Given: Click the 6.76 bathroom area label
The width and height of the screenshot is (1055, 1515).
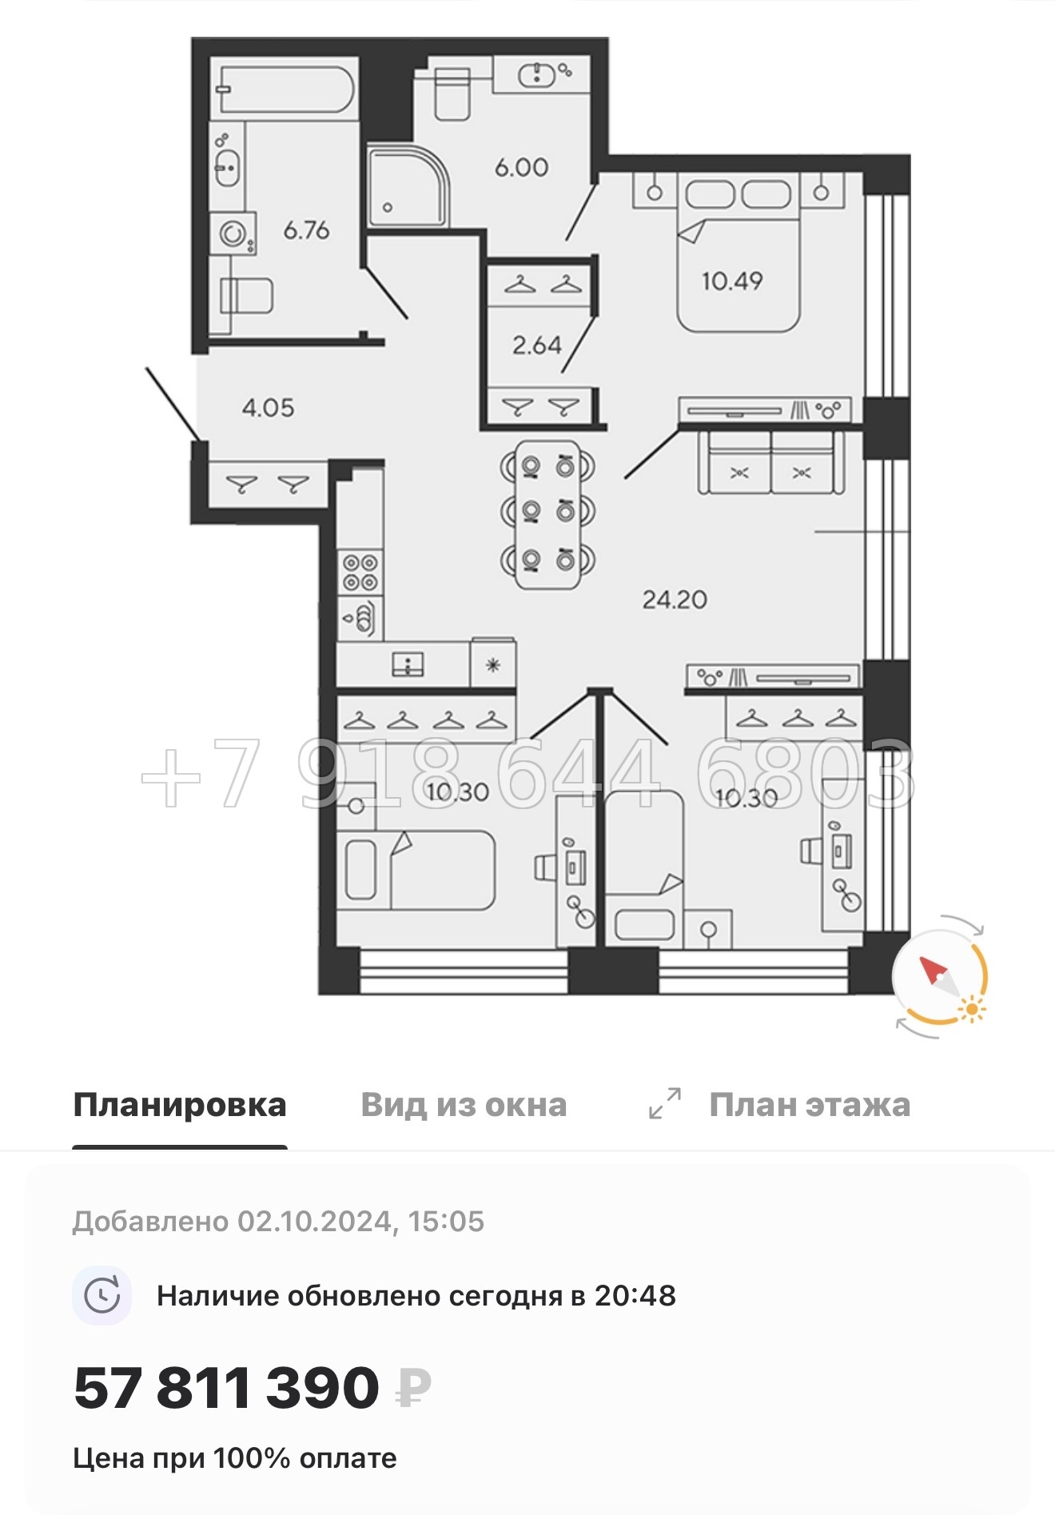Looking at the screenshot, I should click(306, 230).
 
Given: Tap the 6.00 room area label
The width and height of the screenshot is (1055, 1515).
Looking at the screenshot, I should click(521, 167).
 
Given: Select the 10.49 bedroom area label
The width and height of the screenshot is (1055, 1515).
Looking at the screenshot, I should click(732, 281).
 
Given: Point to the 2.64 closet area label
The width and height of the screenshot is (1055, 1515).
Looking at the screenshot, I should click(537, 345).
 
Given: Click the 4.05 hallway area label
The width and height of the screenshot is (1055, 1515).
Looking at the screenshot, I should click(268, 408).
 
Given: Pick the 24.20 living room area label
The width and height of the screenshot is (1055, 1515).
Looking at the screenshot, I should click(675, 600).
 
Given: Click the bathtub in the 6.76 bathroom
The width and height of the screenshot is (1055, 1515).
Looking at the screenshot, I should click(285, 89).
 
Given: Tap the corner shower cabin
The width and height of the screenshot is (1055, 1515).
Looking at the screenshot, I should click(407, 187).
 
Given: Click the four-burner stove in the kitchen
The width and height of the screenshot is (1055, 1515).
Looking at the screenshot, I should click(360, 572).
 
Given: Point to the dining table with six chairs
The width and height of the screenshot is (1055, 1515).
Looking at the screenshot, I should click(547, 513).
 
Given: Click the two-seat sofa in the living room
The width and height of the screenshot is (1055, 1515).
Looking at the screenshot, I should click(770, 464).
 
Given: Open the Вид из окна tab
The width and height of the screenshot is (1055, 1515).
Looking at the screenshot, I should click(464, 1105).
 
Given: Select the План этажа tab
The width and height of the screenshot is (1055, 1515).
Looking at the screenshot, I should click(809, 1105).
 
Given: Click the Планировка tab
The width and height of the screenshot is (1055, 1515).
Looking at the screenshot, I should click(179, 1105).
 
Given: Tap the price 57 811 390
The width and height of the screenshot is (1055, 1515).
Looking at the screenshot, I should click(226, 1389).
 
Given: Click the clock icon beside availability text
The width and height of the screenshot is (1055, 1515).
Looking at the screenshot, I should click(102, 1295).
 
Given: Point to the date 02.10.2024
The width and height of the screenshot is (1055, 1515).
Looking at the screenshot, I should click(314, 1222).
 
